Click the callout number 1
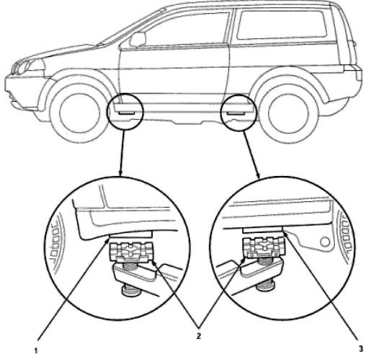36,351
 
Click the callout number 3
361,349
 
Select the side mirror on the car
138,39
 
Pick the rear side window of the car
282,25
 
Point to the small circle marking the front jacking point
125,112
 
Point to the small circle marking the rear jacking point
238,113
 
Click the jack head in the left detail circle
131,252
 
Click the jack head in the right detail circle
264,247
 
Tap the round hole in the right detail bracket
325,242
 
